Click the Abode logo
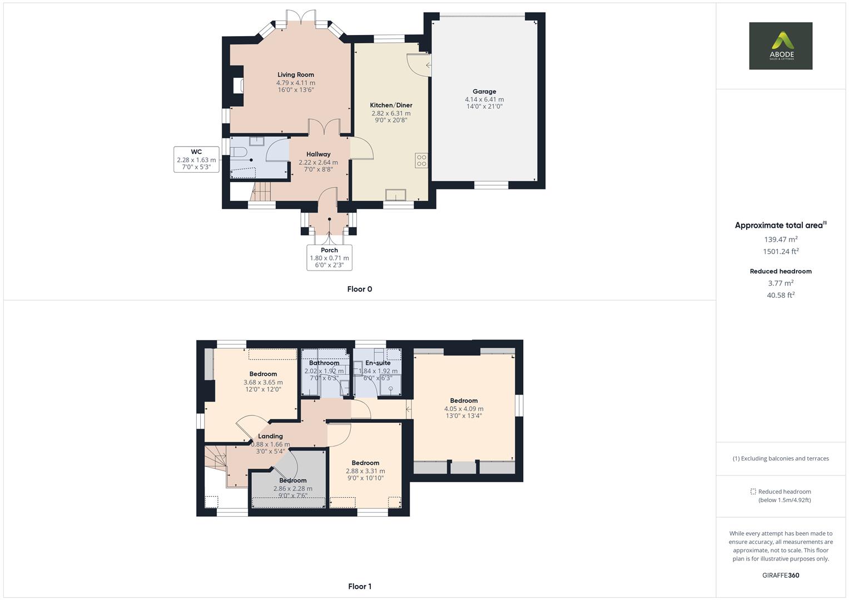coord(780,46)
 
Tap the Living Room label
coord(296,74)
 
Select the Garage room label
coord(484,92)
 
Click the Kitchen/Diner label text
coord(391,105)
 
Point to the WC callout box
coord(196,159)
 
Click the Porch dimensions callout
coord(329,258)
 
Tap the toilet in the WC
coord(238,152)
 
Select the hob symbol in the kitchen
coord(421,160)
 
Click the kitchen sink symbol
coord(395,194)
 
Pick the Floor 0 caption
coord(359,289)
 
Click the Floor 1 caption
coord(359,586)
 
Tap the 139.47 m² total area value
coord(781,239)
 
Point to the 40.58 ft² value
coord(781,295)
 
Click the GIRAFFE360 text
coord(781,575)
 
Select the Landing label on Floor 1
coord(270,436)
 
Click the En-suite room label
coord(378,363)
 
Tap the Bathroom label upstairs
coord(324,363)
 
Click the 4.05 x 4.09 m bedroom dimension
coord(464,408)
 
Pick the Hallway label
coord(318,154)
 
